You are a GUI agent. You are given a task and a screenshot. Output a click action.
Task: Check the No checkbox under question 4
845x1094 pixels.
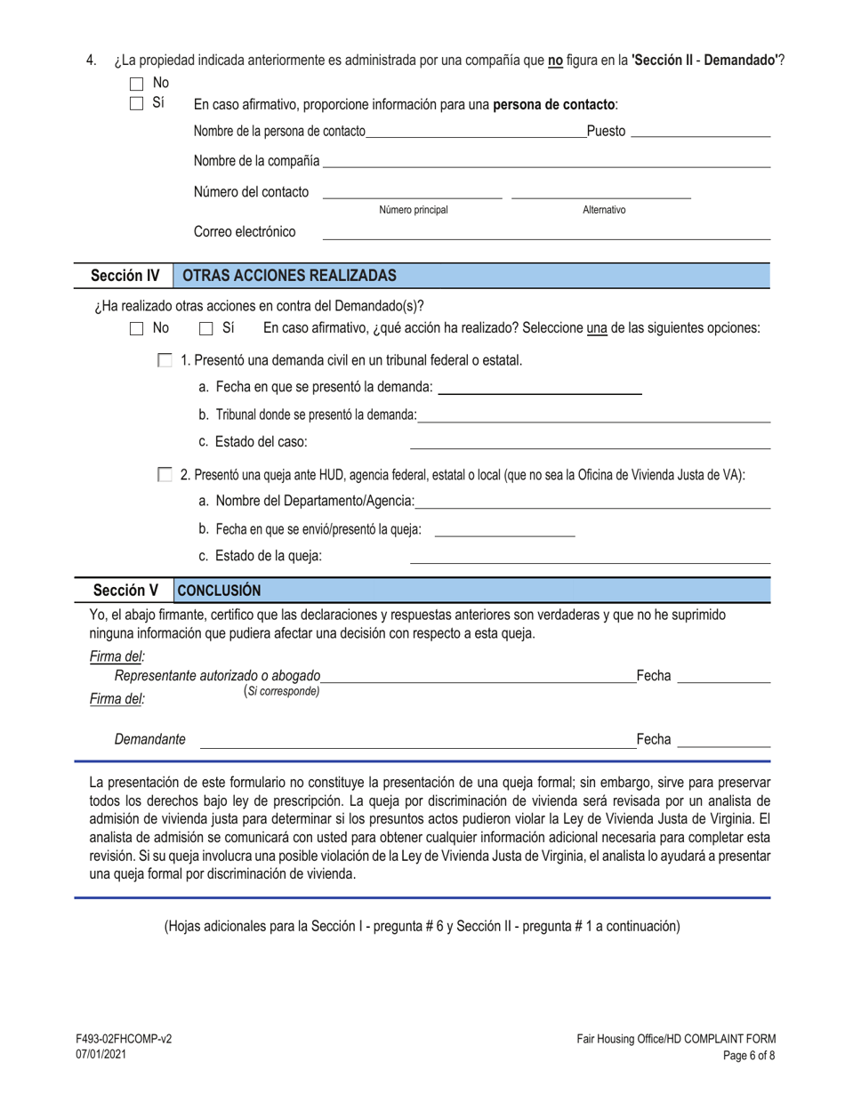[x=137, y=84]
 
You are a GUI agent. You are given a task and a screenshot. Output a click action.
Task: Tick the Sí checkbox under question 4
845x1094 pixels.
[x=137, y=102]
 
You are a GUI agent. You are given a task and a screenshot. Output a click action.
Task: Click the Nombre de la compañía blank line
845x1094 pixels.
[x=546, y=162]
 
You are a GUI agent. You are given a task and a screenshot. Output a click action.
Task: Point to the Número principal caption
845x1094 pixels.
[x=414, y=210]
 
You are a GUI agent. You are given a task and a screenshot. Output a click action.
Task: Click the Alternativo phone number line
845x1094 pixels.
[x=601, y=192]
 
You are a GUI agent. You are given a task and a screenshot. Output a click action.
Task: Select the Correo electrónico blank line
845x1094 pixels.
[x=545, y=233]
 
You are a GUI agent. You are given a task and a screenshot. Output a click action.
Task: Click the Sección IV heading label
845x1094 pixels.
[x=125, y=276]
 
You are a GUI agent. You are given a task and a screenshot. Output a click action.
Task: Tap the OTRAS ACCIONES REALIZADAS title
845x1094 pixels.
[x=289, y=276]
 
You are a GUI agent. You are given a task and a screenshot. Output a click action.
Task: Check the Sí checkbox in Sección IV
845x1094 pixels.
[x=205, y=328]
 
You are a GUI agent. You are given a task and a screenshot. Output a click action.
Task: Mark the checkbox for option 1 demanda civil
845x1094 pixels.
[x=164, y=360]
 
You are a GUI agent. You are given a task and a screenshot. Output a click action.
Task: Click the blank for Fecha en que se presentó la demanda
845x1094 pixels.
[x=540, y=388]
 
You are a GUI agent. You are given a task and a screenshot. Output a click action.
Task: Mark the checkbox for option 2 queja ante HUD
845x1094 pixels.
[x=164, y=475]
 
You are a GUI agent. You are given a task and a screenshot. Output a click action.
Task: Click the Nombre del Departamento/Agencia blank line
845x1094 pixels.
[x=592, y=503]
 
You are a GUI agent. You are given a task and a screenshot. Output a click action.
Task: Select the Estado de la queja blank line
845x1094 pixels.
[x=590, y=557]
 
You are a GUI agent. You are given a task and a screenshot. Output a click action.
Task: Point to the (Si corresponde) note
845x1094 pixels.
[x=282, y=691]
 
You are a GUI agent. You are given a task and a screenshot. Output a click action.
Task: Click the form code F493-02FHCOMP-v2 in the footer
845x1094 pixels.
[x=124, y=1039]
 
